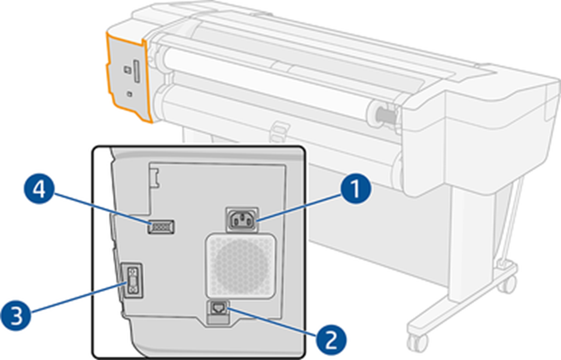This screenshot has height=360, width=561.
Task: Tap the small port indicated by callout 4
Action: tap(160, 227)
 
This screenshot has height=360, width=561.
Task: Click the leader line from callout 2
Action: tap(272, 323)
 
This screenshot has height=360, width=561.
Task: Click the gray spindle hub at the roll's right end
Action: tap(384, 114)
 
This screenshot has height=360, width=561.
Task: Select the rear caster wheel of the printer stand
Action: tap(508, 283)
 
